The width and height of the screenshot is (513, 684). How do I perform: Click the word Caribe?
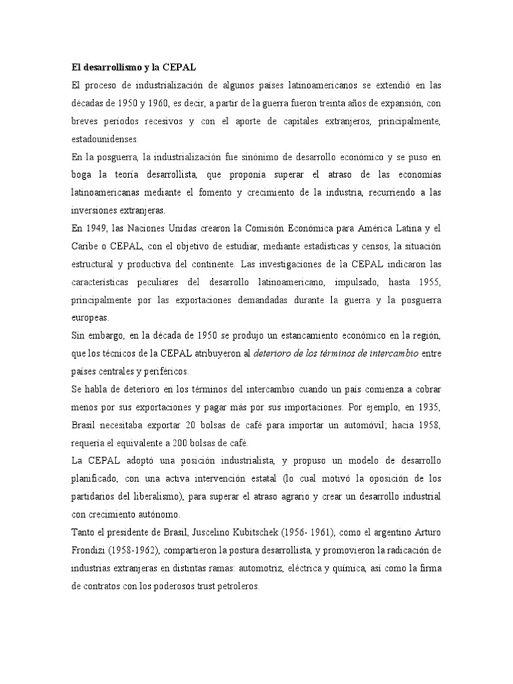tap(85, 244)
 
